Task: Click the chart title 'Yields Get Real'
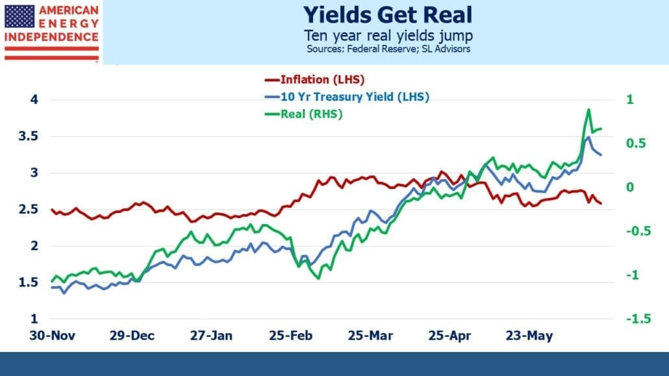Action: (387, 15)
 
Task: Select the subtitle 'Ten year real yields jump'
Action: (388, 36)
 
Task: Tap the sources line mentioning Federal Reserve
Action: (388, 49)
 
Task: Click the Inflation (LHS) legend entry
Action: (315, 79)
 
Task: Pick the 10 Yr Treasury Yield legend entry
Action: (347, 97)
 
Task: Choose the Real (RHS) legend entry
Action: (304, 114)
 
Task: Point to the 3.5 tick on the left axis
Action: (28, 136)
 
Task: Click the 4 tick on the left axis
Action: (34, 99)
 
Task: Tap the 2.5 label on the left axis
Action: (28, 209)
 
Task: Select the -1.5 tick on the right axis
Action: (638, 318)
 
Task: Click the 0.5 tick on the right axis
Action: (636, 144)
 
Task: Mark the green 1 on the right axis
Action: (630, 99)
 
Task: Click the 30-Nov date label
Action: (52, 336)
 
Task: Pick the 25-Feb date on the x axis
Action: (290, 336)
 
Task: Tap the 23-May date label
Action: (529, 336)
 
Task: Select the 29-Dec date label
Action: (132, 336)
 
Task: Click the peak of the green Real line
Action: (589, 109)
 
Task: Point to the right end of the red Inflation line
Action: (601, 203)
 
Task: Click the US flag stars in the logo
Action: (19, 17)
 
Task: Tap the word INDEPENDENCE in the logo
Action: (51, 37)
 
